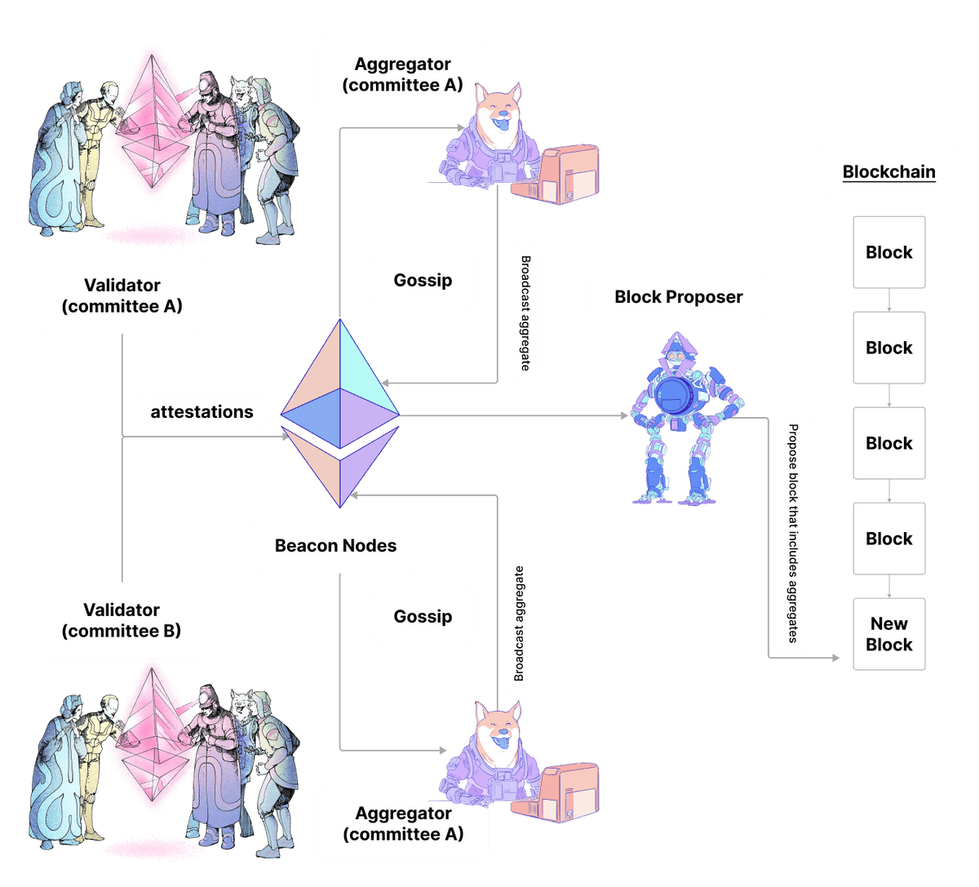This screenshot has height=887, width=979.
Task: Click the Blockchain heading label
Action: [888, 172]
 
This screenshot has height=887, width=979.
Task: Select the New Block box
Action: [888, 634]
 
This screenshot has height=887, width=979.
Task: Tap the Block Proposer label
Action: [678, 297]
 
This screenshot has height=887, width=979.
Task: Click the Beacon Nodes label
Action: [335, 546]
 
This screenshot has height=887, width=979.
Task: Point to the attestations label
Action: [202, 412]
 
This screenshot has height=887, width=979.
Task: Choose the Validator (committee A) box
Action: [122, 296]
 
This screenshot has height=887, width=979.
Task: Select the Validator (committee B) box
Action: [122, 620]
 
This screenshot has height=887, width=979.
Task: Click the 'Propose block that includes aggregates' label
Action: [792, 534]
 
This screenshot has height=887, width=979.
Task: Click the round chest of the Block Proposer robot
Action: [674, 397]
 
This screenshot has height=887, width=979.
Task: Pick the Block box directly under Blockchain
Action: [888, 252]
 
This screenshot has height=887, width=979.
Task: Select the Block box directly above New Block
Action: [888, 539]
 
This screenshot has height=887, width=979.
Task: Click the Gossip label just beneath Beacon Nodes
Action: [423, 616]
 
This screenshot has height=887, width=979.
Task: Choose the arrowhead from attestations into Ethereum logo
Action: [285, 437]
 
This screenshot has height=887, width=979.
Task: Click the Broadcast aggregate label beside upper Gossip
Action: [525, 313]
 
